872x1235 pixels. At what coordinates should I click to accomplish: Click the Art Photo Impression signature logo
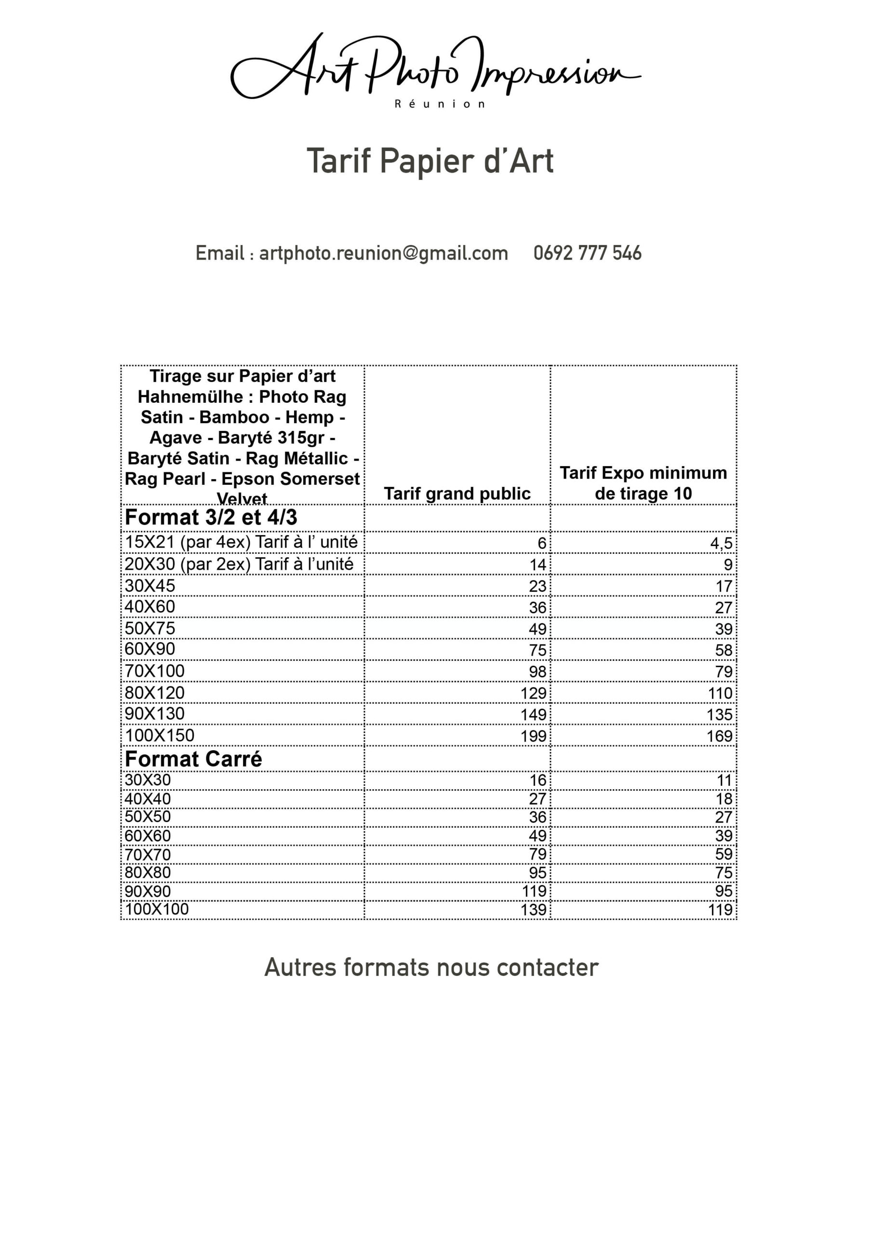pyautogui.click(x=435, y=67)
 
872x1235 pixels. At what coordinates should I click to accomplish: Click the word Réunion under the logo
pyautogui.click(x=440, y=104)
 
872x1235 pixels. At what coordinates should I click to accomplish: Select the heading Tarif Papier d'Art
pyautogui.click(x=430, y=161)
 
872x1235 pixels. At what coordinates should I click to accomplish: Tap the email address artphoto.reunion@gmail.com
pyautogui.click(x=383, y=253)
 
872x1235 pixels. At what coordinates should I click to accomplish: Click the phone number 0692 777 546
pyautogui.click(x=587, y=253)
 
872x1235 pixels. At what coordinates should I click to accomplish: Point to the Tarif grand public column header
pyautogui.click(x=457, y=493)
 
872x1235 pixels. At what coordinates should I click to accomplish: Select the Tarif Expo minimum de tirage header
pyautogui.click(x=643, y=483)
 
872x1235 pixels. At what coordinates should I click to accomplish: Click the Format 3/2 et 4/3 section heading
pyautogui.click(x=211, y=518)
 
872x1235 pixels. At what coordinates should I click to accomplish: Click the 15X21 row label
pyautogui.click(x=241, y=542)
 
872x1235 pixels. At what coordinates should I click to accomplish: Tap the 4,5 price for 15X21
pyautogui.click(x=721, y=543)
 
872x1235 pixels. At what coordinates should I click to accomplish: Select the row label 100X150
pyautogui.click(x=160, y=735)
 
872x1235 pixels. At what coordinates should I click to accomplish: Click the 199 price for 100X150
pyautogui.click(x=533, y=736)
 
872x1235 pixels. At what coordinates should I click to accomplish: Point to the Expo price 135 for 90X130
pyautogui.click(x=719, y=715)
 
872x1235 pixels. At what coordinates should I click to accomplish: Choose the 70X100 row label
pyautogui.click(x=155, y=671)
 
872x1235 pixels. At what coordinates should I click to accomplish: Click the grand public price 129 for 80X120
pyautogui.click(x=533, y=693)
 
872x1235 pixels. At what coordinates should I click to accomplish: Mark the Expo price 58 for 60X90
pyautogui.click(x=724, y=650)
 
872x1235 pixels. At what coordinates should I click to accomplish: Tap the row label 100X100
pyautogui.click(x=157, y=909)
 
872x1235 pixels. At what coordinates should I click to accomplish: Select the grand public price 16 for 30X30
pyautogui.click(x=537, y=781)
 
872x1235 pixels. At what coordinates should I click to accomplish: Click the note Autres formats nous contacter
pyautogui.click(x=431, y=968)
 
